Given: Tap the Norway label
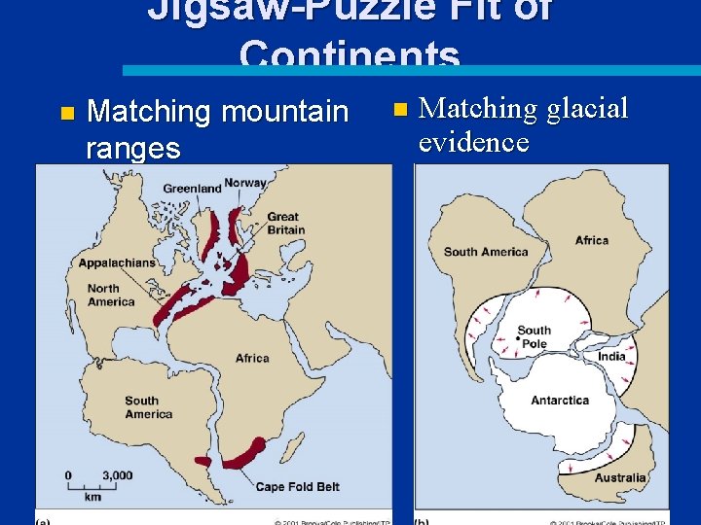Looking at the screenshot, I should click(x=245, y=183).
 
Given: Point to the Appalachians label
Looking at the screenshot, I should click(x=117, y=262).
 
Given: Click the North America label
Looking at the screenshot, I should click(x=111, y=295).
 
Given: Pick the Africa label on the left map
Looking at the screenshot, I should click(x=252, y=358).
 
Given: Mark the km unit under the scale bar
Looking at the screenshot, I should click(x=92, y=496).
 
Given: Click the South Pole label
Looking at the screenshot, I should click(x=534, y=337).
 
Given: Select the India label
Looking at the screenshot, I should click(x=611, y=356).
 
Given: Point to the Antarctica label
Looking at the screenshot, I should click(x=560, y=400).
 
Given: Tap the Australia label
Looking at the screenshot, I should click(x=620, y=477).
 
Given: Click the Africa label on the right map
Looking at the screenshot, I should click(x=592, y=240).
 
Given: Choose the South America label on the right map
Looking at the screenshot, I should click(x=486, y=252).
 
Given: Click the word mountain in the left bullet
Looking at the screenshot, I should click(x=283, y=112).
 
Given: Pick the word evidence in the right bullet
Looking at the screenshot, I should click(x=473, y=142).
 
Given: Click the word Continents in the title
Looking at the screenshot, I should click(x=350, y=55).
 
